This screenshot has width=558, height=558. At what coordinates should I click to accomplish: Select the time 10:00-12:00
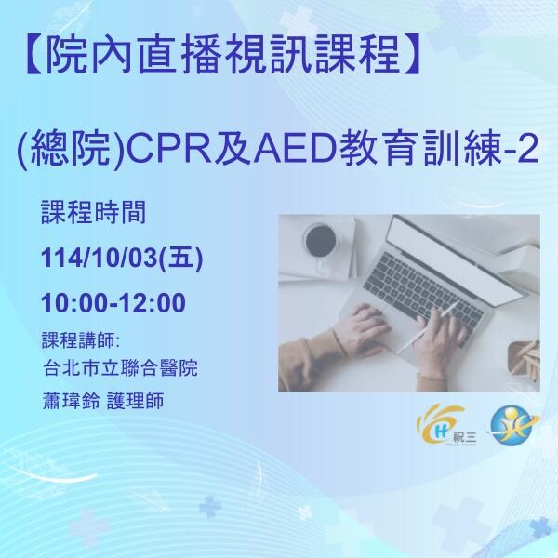tap(114, 303)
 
